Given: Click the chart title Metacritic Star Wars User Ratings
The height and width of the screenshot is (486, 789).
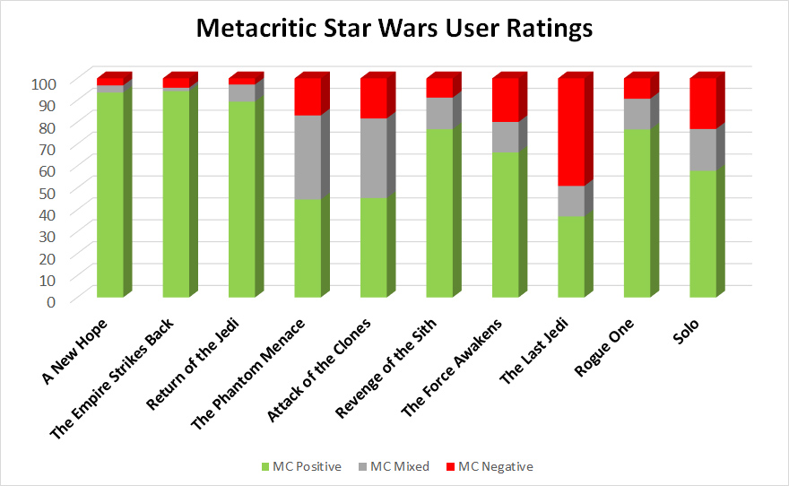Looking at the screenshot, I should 394,29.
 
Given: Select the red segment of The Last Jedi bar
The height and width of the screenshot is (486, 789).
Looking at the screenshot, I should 571,133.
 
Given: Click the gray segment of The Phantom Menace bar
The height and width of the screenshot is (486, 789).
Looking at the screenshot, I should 308,157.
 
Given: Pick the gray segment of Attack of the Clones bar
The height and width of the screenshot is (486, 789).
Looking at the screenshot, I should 373,158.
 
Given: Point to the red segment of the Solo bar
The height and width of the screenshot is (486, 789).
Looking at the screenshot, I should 702,104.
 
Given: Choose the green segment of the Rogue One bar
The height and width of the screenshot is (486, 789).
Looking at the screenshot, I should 637,213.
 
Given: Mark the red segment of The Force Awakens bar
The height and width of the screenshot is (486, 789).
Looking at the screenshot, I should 505,100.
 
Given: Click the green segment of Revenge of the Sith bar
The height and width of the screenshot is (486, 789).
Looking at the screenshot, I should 439,213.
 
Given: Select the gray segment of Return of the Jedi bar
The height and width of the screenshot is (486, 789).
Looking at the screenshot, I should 241,93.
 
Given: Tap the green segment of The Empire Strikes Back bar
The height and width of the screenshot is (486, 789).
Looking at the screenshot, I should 176,193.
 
